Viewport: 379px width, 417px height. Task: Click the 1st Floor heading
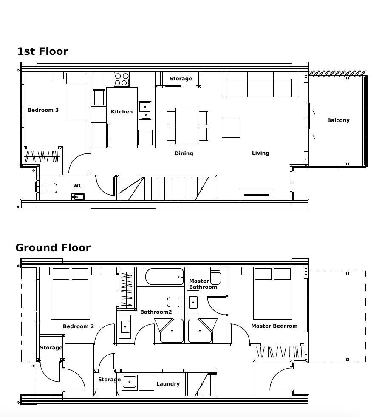point(43,51)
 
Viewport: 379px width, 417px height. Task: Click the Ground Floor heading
point(53,247)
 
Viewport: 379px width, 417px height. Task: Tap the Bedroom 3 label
point(43,110)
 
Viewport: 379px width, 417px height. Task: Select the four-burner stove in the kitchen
point(122,79)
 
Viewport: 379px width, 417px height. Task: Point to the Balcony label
point(338,120)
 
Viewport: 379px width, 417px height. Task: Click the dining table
point(187,125)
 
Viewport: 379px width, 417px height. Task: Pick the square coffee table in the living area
point(231,128)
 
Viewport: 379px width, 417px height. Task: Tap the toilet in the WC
point(48,188)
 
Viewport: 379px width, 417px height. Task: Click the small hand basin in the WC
point(78,197)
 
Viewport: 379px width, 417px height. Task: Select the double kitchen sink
point(145,111)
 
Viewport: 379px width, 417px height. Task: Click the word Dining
point(184,153)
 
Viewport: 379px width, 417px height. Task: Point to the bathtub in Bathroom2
point(164,277)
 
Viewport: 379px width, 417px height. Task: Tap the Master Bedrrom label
point(274,326)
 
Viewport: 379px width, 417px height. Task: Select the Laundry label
point(168,384)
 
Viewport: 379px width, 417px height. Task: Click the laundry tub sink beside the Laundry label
point(130,383)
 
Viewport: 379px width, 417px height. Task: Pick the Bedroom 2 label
point(79,326)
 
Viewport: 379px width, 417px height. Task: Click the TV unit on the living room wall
point(257,195)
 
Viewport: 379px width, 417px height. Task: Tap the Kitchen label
point(122,112)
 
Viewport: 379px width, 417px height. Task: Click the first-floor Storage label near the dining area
point(181,79)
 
